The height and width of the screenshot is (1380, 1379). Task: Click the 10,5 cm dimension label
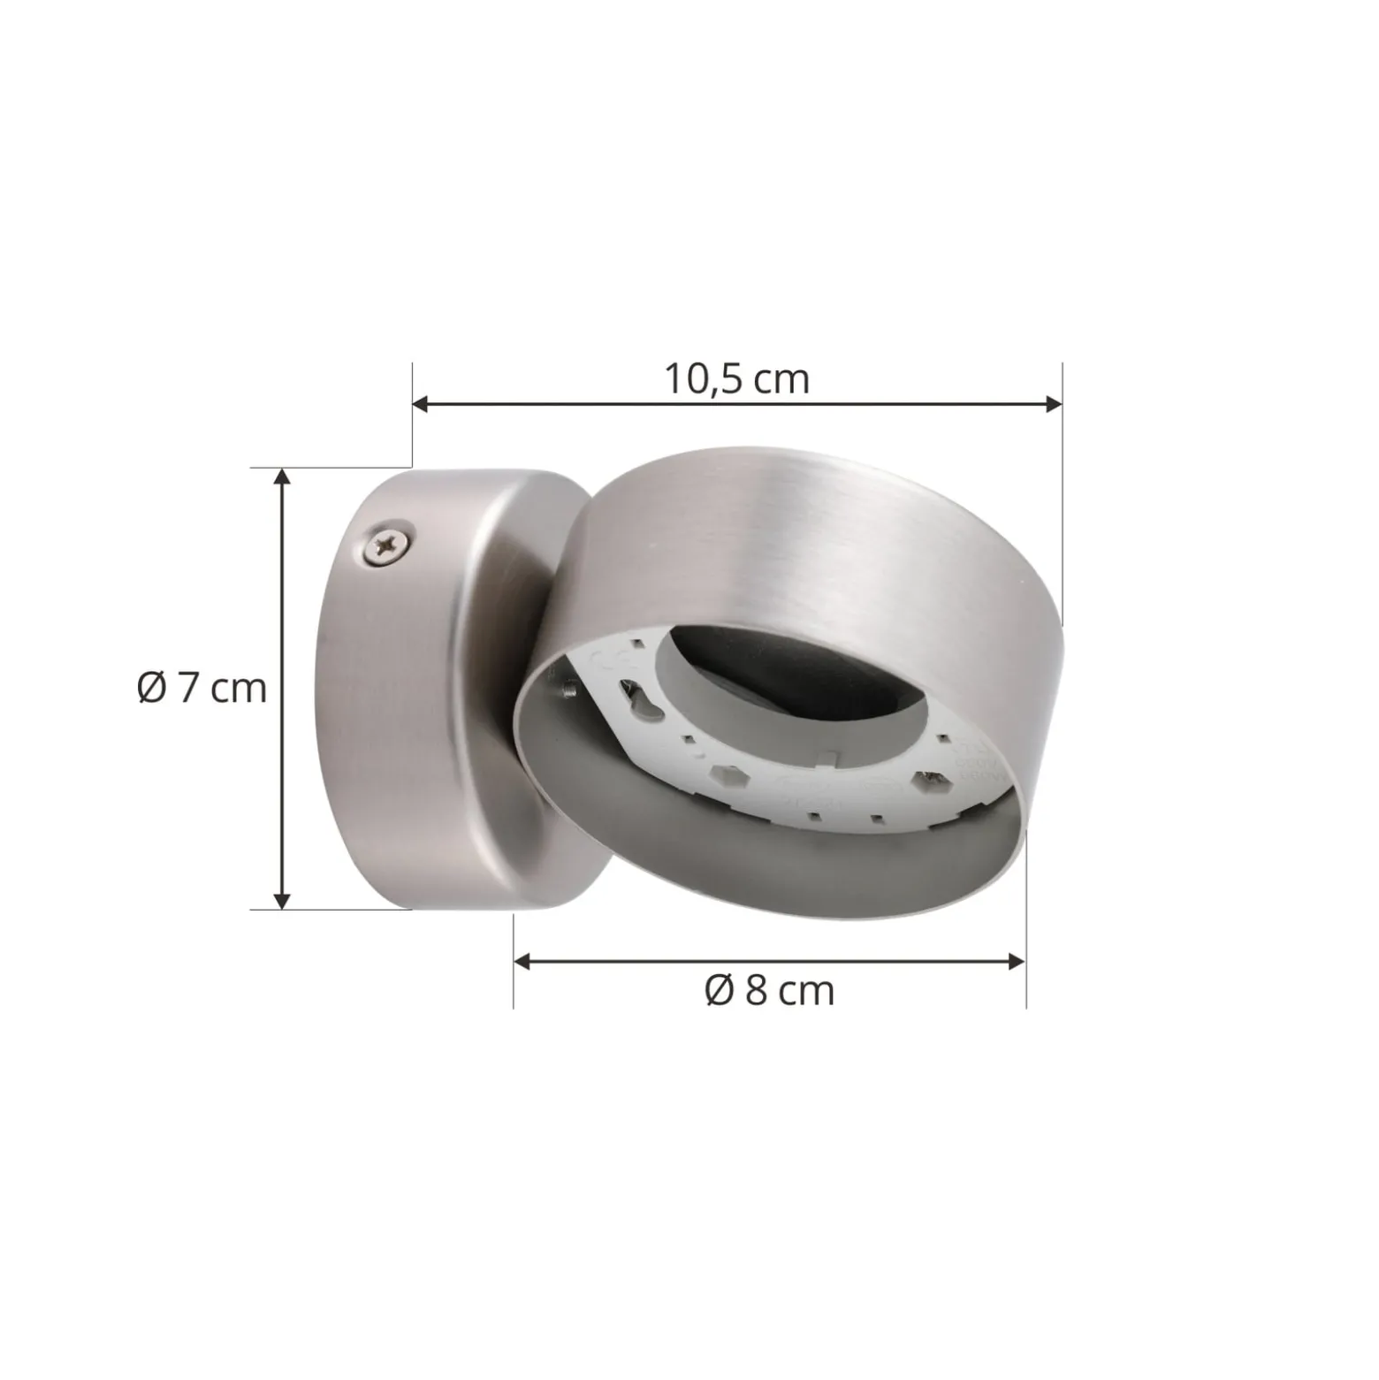pyautogui.click(x=736, y=379)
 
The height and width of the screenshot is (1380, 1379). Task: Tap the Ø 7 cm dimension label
pyautogui.click(x=202, y=688)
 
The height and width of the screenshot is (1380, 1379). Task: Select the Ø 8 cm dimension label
pyautogui.click(x=770, y=991)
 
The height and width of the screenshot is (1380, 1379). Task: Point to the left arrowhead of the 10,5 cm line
pyautogui.click(x=421, y=404)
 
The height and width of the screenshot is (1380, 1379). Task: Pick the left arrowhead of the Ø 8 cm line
pyautogui.click(x=522, y=961)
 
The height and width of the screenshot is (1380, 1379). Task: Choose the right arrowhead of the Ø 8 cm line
pyautogui.click(x=1017, y=961)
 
